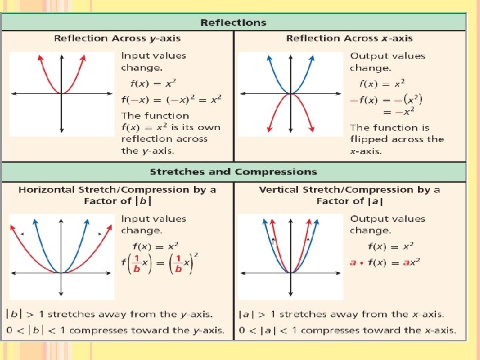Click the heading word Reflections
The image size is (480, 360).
click(x=233, y=23)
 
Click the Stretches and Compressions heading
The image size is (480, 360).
click(x=233, y=171)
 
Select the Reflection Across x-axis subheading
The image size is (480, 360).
click(x=349, y=38)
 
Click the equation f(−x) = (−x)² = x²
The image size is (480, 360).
click(x=171, y=99)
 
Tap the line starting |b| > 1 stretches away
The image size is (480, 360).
click(x=109, y=314)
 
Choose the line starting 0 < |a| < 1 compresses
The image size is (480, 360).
click(x=347, y=330)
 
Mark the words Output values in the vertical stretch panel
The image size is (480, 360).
click(x=378, y=219)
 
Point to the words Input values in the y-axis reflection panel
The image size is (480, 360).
click(x=145, y=56)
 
